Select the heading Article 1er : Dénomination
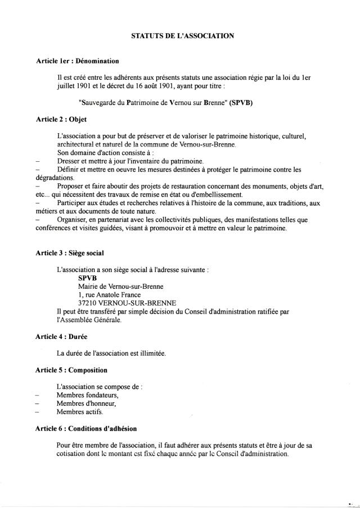pyautogui.click(x=76, y=60)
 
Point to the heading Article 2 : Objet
pyautogui.click(x=61, y=119)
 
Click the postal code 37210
pyautogui.click(x=89, y=302)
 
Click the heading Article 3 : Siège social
pyautogui.click(x=69, y=253)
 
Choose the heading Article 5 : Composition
pyautogui.click(x=71, y=370)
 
